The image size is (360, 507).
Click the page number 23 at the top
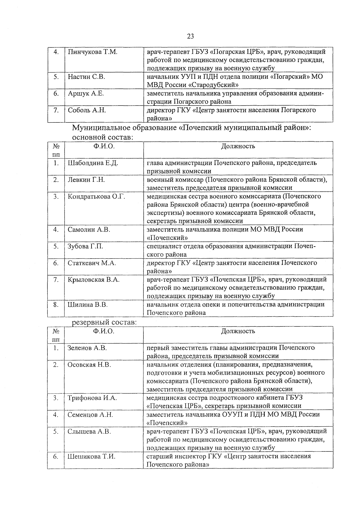(190, 37)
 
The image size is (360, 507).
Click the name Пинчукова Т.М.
(92, 52)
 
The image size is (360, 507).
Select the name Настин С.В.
(86, 77)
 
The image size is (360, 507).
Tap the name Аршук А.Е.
(86, 94)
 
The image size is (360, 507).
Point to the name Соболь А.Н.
(87, 110)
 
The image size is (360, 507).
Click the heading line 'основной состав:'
(102, 137)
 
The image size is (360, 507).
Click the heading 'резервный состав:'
(104, 322)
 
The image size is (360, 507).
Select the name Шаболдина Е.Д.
(93, 163)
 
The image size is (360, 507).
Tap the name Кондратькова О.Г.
(96, 196)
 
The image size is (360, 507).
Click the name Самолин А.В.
(89, 229)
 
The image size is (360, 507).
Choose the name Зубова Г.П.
(85, 246)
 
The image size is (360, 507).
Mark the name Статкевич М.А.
(92, 263)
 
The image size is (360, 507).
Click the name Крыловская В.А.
(94, 280)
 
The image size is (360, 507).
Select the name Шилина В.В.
(88, 305)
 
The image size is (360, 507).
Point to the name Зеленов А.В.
(87, 348)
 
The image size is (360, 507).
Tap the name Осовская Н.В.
(89, 365)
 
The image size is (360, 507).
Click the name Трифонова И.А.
(92, 398)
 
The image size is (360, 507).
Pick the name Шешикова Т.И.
(91, 457)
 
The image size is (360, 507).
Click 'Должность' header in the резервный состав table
(238, 331)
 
